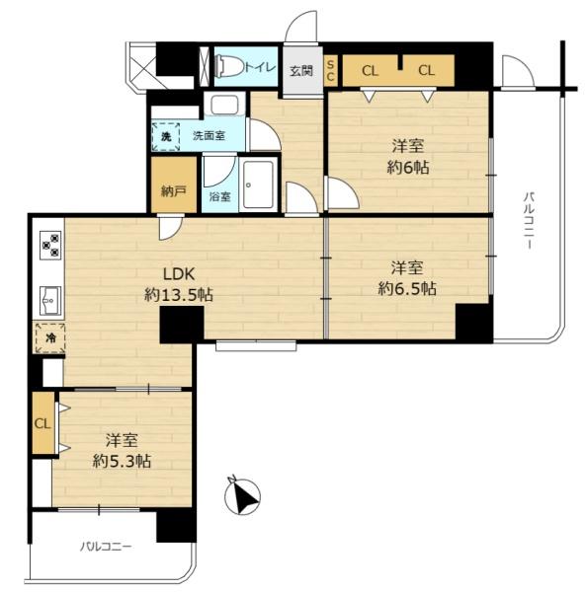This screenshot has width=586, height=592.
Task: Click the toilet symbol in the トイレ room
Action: tap(228, 66)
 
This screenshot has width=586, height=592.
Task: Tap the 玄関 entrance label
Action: tap(301, 71)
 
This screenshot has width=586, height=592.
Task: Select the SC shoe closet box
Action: tap(330, 71)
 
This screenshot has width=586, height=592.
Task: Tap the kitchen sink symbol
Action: tap(50, 300)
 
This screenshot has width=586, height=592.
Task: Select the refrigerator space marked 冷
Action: tap(50, 337)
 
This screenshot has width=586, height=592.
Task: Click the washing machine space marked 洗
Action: tap(166, 136)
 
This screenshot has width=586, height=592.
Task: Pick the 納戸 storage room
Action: tap(174, 185)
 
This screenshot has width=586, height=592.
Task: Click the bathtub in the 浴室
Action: tap(258, 185)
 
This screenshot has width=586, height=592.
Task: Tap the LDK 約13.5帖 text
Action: tap(179, 284)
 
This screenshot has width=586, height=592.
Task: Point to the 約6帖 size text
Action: tap(408, 168)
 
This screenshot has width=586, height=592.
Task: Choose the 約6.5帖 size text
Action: tap(407, 289)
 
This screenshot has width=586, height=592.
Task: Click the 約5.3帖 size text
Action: tap(123, 461)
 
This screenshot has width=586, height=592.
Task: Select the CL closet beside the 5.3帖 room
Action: tap(43, 423)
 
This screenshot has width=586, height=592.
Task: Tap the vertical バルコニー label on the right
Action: tap(529, 220)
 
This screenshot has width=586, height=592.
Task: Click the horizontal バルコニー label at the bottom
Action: tap(106, 547)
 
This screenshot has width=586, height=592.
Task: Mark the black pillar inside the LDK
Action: tap(182, 325)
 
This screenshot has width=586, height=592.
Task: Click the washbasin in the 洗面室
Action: tap(223, 105)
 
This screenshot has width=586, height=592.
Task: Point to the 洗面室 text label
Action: tap(209, 136)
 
